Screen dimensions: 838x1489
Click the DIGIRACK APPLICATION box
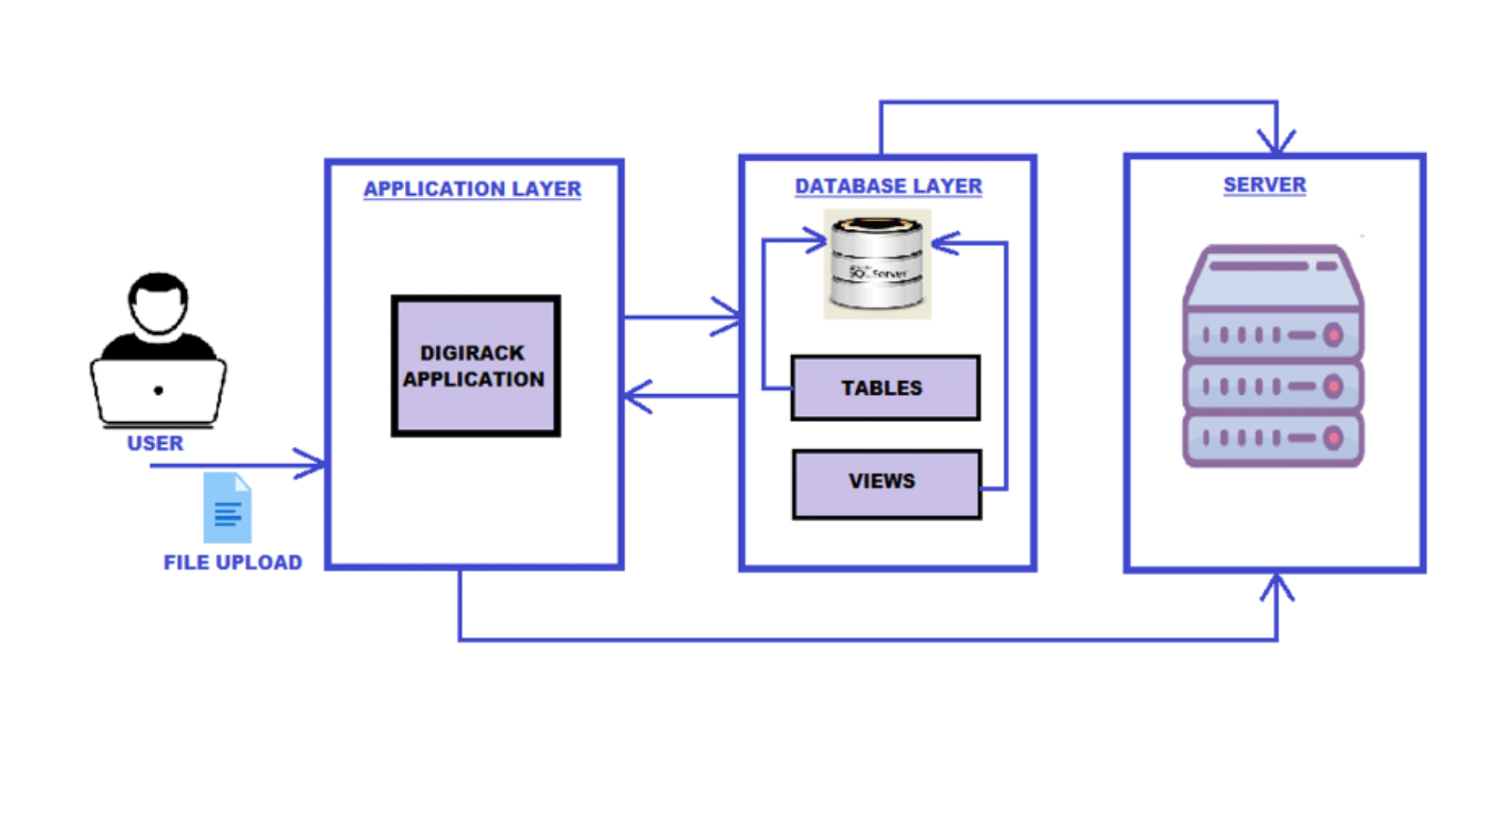point(475,365)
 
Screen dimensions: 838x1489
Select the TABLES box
point(885,388)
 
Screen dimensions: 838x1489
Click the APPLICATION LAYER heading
point(472,189)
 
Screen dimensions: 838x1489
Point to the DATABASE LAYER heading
point(888,186)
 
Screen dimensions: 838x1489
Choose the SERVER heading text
point(1264,185)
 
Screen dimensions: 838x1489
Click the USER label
point(155,443)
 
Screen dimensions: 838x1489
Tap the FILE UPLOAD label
point(233,562)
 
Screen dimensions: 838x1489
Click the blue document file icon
point(227,508)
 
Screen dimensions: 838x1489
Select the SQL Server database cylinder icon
point(877,264)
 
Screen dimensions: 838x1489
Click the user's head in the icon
point(158,303)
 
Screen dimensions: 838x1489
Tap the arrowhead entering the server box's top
point(1277,144)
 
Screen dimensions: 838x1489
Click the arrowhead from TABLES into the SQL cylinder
point(817,241)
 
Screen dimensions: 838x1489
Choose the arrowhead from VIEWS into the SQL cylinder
point(941,244)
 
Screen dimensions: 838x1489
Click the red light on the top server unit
point(1333,335)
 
